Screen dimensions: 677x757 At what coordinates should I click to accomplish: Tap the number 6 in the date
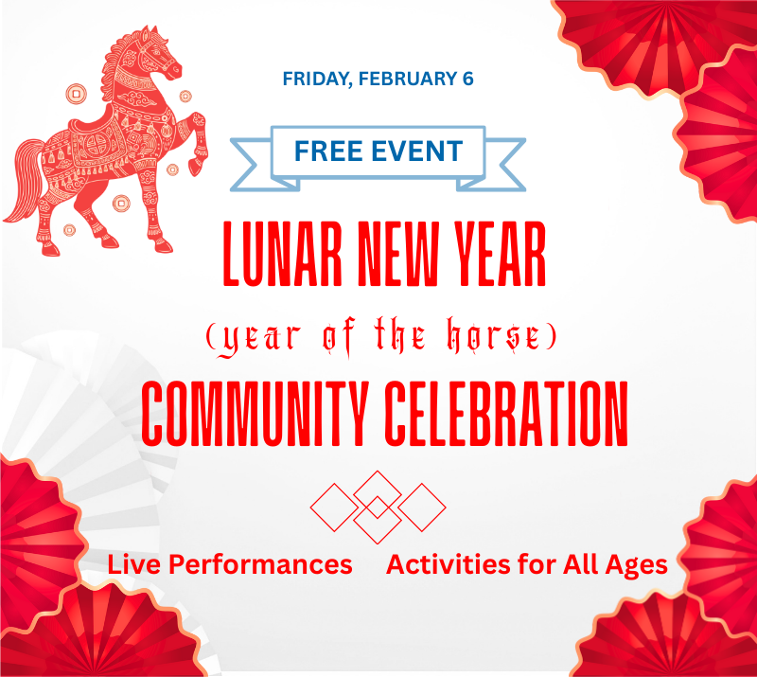[467, 79]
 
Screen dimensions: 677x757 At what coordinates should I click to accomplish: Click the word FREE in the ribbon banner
[330, 151]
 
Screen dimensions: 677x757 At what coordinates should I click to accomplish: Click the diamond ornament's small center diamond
[378, 508]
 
